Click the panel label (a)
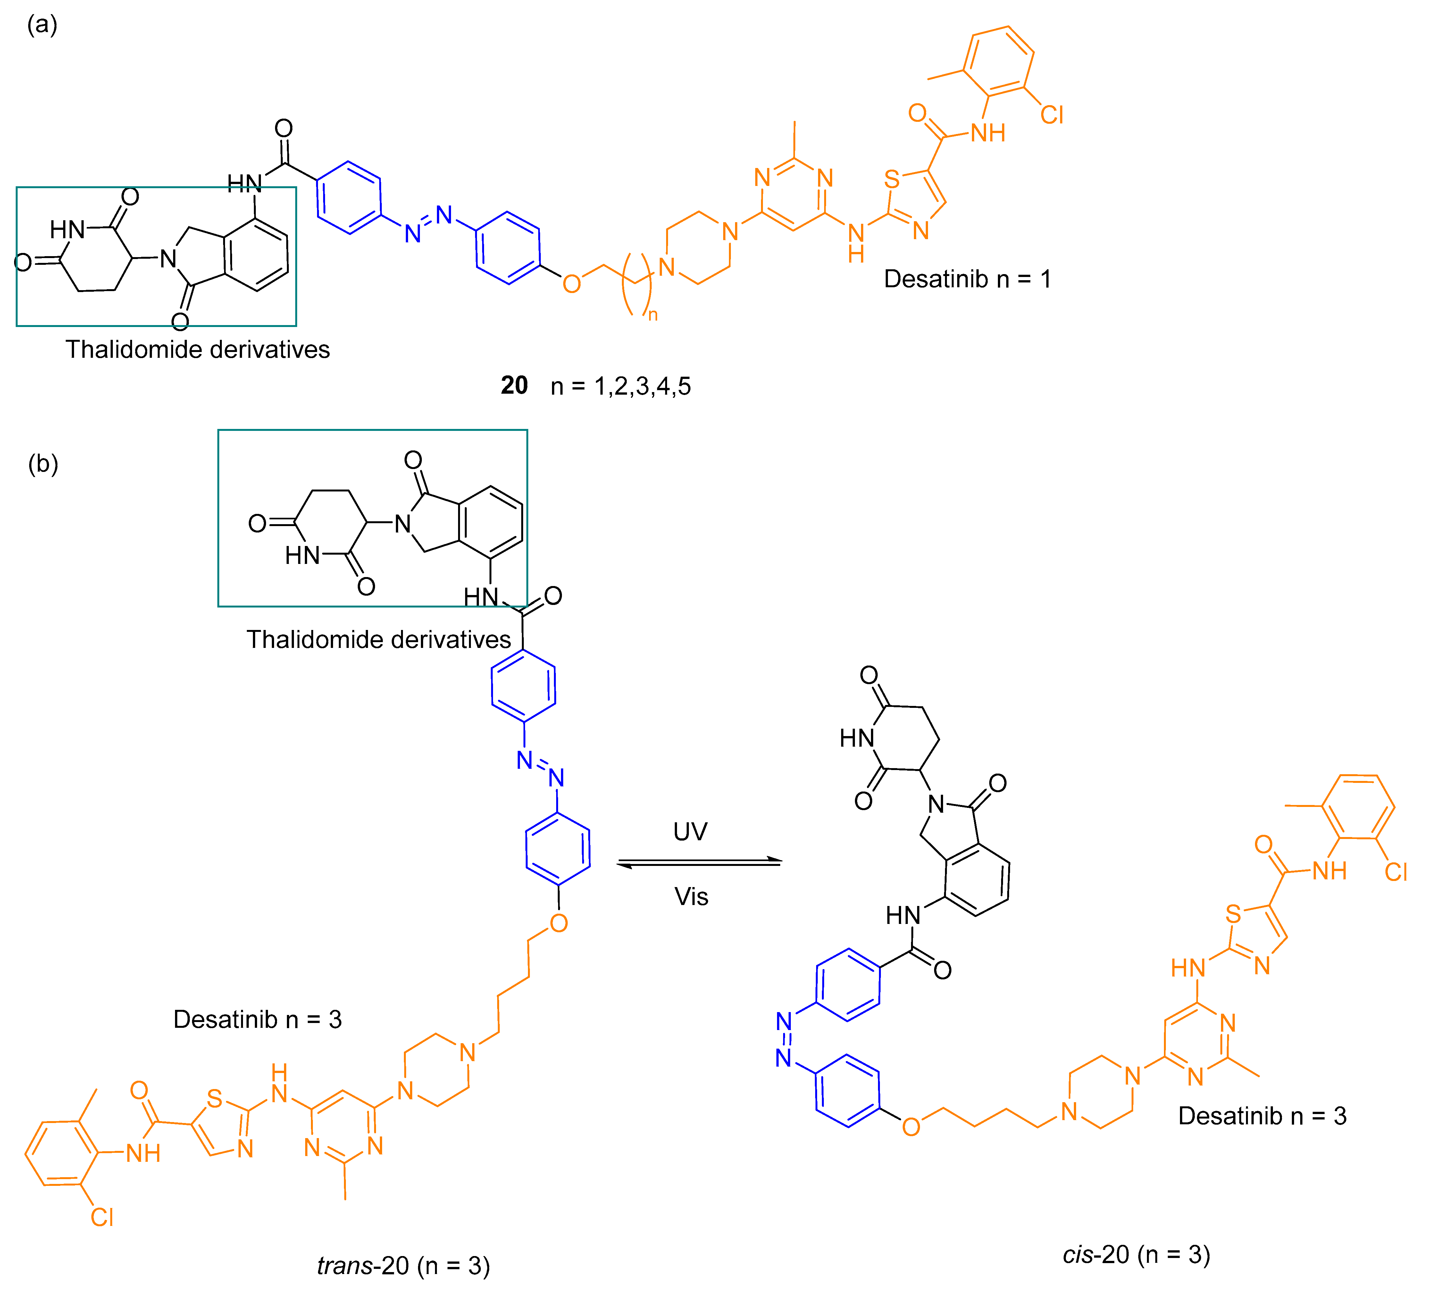click(x=42, y=26)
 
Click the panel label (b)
click(x=43, y=465)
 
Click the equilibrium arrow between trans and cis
click(x=699, y=863)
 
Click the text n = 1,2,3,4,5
click(x=621, y=387)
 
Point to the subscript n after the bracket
click(x=653, y=315)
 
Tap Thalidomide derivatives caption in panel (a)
click(x=198, y=350)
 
